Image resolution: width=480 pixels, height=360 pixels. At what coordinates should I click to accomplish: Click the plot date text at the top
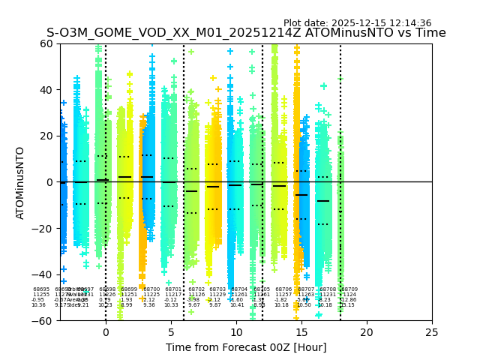coord(357,23)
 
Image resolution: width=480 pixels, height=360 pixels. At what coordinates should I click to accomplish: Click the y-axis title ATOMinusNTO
coord(20,182)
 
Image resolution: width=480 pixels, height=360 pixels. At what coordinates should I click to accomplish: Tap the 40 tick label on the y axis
coord(46,90)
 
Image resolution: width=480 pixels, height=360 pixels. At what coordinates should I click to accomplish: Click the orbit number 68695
coord(41,289)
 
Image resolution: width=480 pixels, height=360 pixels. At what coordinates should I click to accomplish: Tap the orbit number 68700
coord(151,289)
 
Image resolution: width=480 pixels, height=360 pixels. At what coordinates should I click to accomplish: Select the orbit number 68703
coord(217,289)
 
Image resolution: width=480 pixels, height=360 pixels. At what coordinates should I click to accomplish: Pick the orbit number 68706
coord(283,289)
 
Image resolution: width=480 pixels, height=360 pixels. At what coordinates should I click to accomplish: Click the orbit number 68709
coord(349,289)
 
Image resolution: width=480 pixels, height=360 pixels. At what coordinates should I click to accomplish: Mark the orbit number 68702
coord(196,289)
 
